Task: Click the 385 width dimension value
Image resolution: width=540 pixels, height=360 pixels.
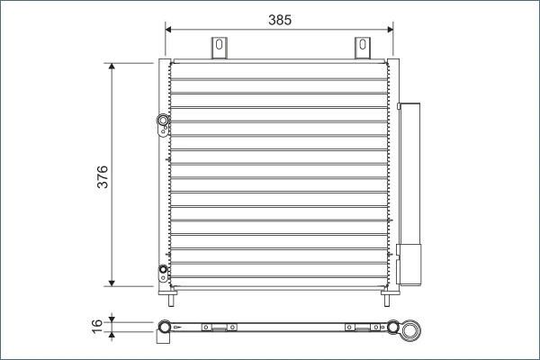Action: [279, 18]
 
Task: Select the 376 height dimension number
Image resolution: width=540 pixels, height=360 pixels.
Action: [102, 175]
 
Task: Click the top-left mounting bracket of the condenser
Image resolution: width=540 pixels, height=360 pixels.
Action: [219, 49]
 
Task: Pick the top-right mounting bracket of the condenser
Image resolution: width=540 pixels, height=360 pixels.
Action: [362, 49]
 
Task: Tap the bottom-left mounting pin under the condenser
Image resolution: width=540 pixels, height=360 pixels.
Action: [169, 292]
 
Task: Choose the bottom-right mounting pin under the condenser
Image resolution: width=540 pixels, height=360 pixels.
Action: [387, 292]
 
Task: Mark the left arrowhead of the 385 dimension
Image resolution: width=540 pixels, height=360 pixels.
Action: [170, 29]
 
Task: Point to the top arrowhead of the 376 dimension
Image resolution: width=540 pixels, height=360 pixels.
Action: [112, 68]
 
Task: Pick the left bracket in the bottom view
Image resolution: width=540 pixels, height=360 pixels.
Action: [219, 328]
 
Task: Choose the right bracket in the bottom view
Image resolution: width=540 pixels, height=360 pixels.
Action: [362, 328]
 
